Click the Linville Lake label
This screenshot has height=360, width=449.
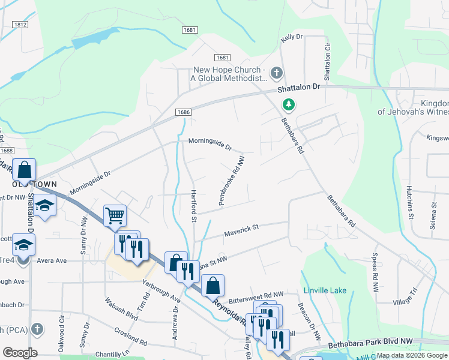[x=325, y=290]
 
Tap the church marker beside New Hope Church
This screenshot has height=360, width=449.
[x=276, y=73]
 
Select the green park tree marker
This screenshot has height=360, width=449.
[x=289, y=105]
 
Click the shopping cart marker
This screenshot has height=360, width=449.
[x=115, y=215]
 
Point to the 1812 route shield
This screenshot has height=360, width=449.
[x=20, y=25]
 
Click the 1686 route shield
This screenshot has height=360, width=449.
[x=184, y=112]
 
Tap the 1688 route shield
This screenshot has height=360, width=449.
[x=7, y=151]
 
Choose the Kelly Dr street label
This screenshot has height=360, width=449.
[x=292, y=38]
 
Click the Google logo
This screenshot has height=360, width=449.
[x=20, y=353]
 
